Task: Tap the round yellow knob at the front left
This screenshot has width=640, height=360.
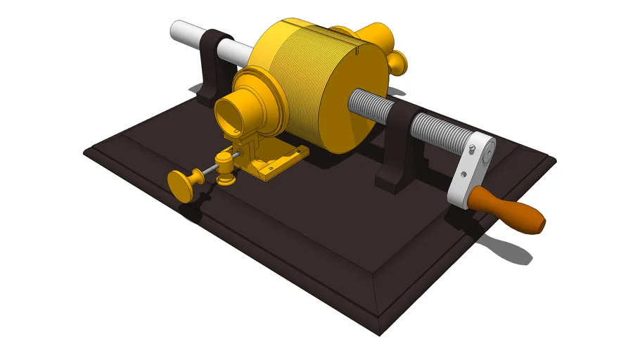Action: pos(184,185)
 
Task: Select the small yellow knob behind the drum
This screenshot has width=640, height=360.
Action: pos(399,63)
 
